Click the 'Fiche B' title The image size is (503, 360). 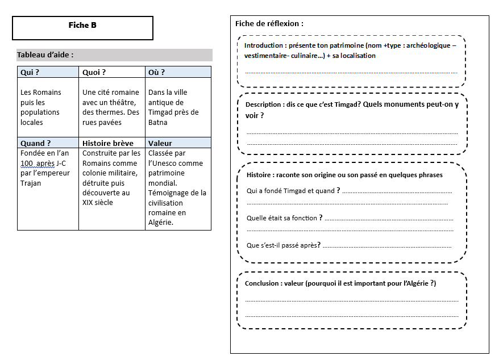82,25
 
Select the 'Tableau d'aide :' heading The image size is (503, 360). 45,55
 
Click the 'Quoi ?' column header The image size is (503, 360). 94,72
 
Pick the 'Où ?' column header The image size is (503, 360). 156,72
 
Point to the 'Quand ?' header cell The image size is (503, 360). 35,143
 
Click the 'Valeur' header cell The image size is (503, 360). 160,143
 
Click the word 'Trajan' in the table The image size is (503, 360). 31,183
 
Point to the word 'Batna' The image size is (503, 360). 158,122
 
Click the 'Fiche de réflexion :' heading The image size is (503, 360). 269,23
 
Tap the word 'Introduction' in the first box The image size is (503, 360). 264,45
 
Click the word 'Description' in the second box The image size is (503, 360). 264,105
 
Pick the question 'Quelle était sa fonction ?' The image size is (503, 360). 285,218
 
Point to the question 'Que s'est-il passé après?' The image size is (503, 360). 284,245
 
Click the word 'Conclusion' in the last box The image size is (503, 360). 262,283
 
